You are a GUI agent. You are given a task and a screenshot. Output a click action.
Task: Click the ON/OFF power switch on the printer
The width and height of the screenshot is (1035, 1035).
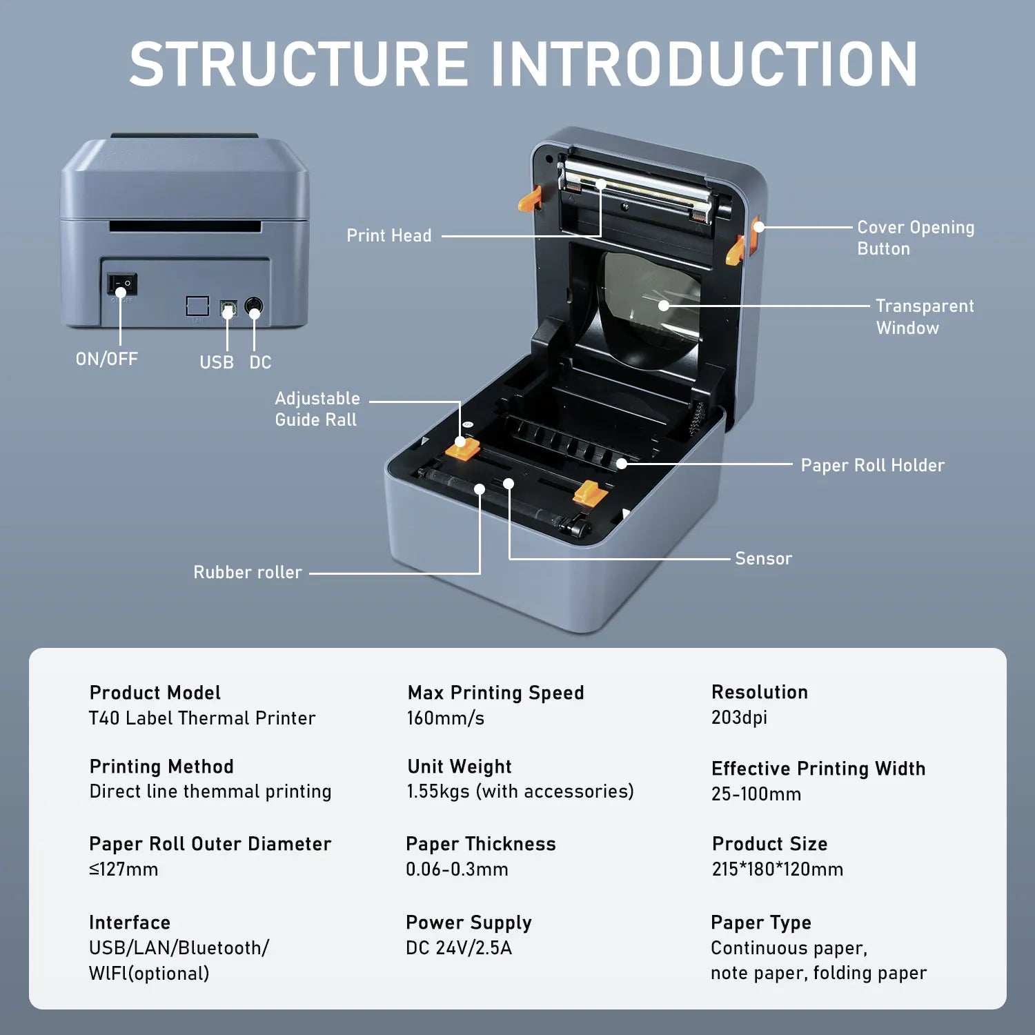pyautogui.click(x=121, y=284)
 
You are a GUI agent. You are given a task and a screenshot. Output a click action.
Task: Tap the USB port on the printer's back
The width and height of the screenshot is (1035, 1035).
pyautogui.click(x=228, y=308)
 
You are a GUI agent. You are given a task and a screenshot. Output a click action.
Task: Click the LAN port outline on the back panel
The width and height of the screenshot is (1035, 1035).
pyautogui.click(x=197, y=306)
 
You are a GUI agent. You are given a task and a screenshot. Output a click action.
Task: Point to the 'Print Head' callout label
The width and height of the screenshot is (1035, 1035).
pyautogui.click(x=388, y=235)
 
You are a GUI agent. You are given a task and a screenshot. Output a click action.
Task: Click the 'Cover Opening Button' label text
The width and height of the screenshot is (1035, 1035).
pyautogui.click(x=915, y=237)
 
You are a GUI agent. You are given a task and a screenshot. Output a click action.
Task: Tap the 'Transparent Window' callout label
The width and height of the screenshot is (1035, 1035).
pyautogui.click(x=924, y=317)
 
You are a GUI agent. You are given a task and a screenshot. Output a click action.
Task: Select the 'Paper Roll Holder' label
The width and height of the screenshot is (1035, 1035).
pyautogui.click(x=872, y=465)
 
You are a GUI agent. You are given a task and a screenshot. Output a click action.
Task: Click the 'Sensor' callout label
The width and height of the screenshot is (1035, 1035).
pyautogui.click(x=763, y=558)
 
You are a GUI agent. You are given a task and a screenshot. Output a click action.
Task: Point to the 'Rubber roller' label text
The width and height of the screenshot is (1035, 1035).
pyautogui.click(x=247, y=572)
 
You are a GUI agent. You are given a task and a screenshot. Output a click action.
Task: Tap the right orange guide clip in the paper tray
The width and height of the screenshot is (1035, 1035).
pyautogui.click(x=590, y=492)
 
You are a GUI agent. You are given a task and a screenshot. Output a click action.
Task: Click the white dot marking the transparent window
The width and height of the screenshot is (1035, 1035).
pyautogui.click(x=663, y=305)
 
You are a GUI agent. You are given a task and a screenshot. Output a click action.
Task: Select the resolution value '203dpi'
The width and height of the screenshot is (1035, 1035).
pyautogui.click(x=739, y=718)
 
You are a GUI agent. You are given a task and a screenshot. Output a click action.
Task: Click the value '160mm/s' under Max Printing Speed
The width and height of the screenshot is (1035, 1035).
pyautogui.click(x=445, y=718)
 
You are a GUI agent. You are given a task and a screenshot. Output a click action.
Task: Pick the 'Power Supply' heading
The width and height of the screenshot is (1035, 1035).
pyautogui.click(x=469, y=923)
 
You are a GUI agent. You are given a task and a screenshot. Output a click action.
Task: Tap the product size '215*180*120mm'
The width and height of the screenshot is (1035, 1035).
pyautogui.click(x=777, y=869)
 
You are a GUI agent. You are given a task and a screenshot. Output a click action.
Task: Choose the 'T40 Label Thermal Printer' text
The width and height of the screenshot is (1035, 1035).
pyautogui.click(x=202, y=718)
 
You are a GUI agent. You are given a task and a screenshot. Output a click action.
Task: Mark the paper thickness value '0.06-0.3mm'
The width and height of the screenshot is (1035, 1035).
pyautogui.click(x=457, y=869)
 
